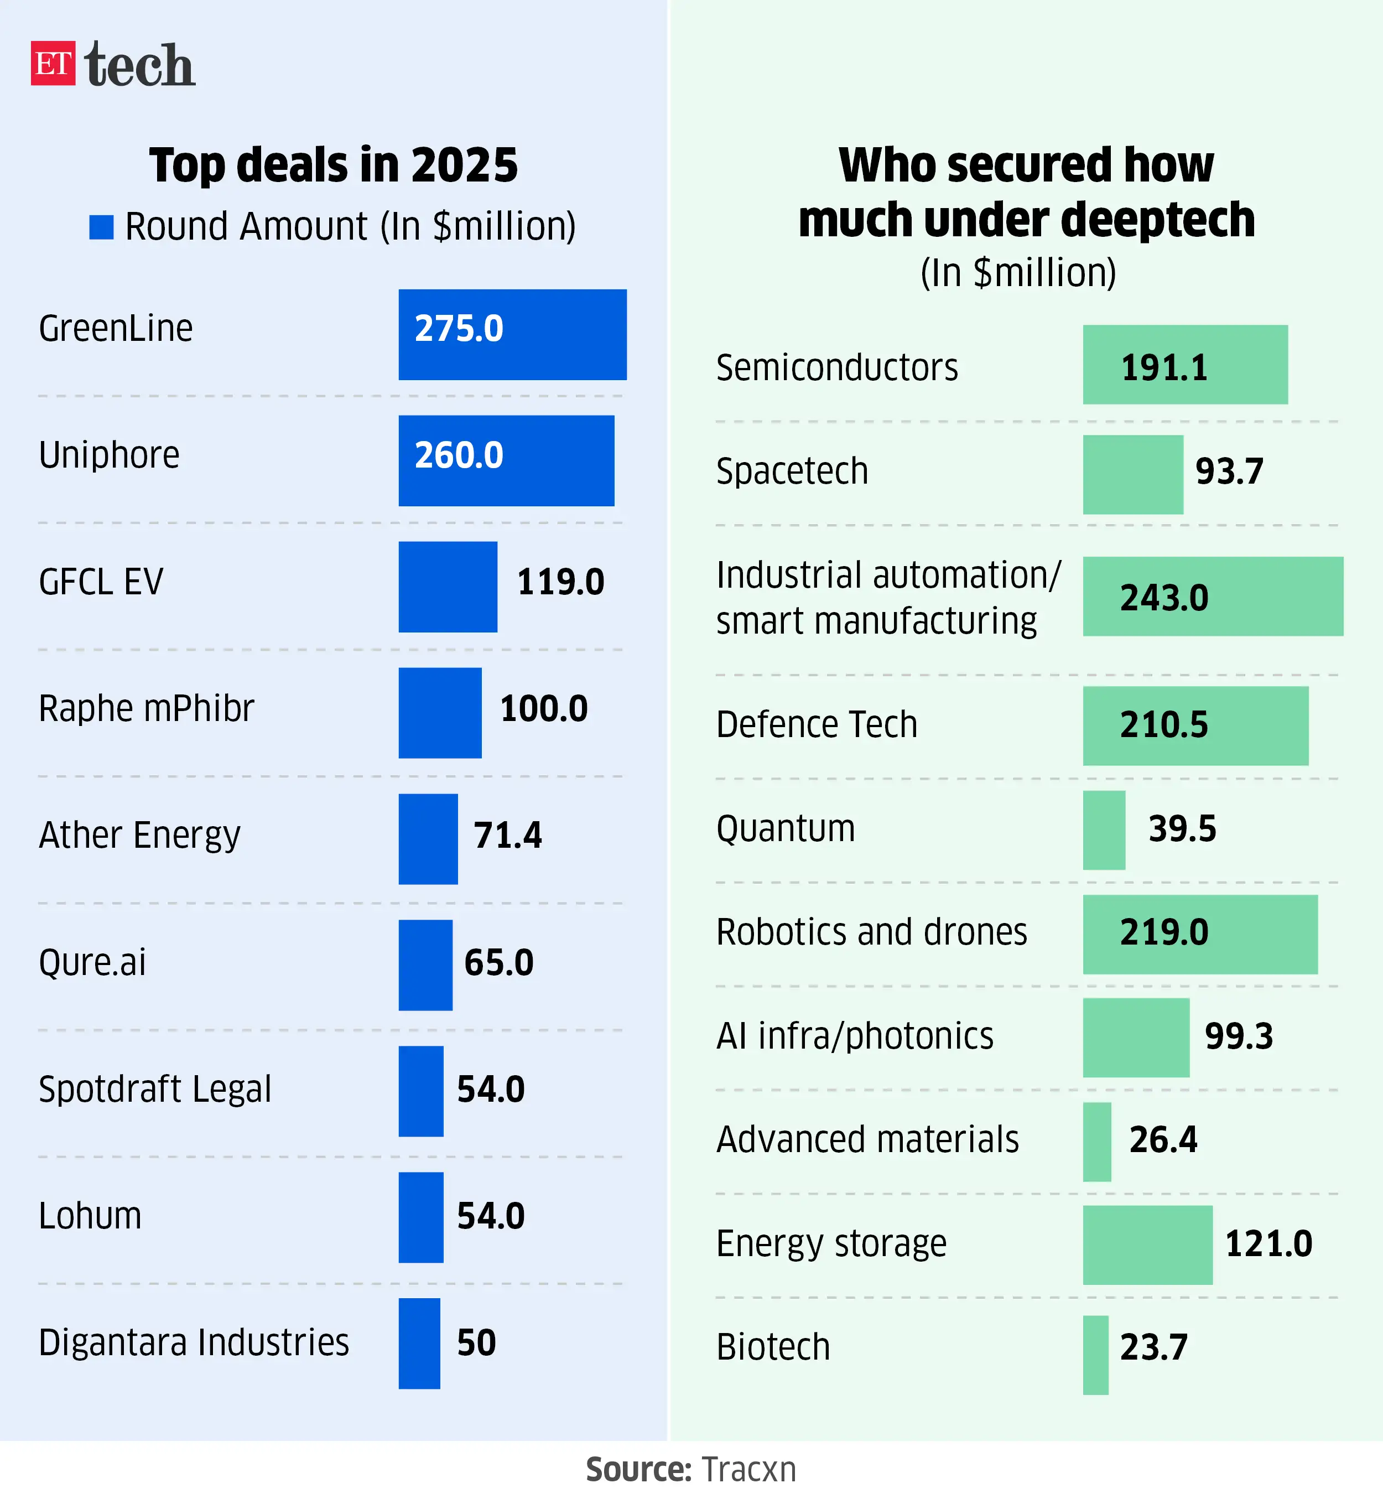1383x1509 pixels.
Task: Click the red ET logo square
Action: tap(53, 63)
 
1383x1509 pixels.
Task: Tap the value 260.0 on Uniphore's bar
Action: tap(459, 455)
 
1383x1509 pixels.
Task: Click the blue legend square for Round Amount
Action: tap(101, 227)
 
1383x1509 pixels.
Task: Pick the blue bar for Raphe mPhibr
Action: tap(440, 713)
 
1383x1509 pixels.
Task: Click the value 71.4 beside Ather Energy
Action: tap(507, 836)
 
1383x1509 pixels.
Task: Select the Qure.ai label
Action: tap(92, 963)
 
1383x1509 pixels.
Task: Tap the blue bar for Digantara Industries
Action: tap(419, 1344)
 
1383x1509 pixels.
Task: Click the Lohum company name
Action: tap(90, 1216)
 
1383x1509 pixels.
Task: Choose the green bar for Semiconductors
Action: tap(1185, 365)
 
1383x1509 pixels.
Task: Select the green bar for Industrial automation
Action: tap(1213, 597)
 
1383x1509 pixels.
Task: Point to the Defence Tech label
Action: tap(817, 724)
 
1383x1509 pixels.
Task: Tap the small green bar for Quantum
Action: tap(1104, 830)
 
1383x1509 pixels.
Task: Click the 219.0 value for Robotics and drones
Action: tap(1164, 932)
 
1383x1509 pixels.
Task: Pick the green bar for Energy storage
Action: tap(1147, 1246)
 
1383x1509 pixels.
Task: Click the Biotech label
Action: tap(773, 1347)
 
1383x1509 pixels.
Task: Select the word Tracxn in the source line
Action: tap(749, 1470)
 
